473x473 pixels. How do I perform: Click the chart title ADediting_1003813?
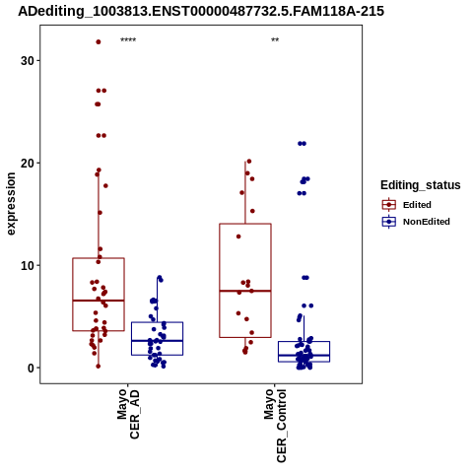[201, 11]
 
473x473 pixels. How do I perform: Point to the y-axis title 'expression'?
[11, 204]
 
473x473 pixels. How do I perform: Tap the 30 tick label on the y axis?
[28, 61]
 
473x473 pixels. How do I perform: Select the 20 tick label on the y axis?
[28, 164]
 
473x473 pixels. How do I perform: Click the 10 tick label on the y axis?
[28, 265]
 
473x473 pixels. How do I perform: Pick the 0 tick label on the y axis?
[31, 368]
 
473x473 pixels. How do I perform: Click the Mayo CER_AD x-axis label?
[128, 414]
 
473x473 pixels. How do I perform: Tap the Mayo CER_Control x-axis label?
[275, 426]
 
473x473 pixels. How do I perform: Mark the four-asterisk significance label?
[128, 40]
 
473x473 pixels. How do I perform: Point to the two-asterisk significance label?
[275, 40]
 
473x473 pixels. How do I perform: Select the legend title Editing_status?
[421, 185]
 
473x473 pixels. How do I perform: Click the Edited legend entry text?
[417, 205]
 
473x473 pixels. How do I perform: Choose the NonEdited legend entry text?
[427, 222]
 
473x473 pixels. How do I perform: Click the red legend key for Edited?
[389, 205]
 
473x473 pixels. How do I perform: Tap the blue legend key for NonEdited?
[389, 222]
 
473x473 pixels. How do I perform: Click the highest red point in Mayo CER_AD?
[99, 42]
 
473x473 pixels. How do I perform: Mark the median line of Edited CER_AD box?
[99, 301]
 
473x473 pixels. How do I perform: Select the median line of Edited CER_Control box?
[245, 291]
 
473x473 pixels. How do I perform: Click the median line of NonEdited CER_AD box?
[157, 341]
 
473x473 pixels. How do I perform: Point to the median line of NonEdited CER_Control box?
[304, 356]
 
